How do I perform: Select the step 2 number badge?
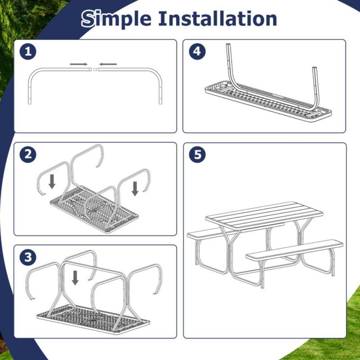coord(28,155)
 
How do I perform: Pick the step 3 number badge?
coord(28,257)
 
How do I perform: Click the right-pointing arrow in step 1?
coord(79,64)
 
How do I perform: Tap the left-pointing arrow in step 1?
coord(108,64)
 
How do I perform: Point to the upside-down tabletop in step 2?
coord(90,211)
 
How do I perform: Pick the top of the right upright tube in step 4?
coord(314,69)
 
